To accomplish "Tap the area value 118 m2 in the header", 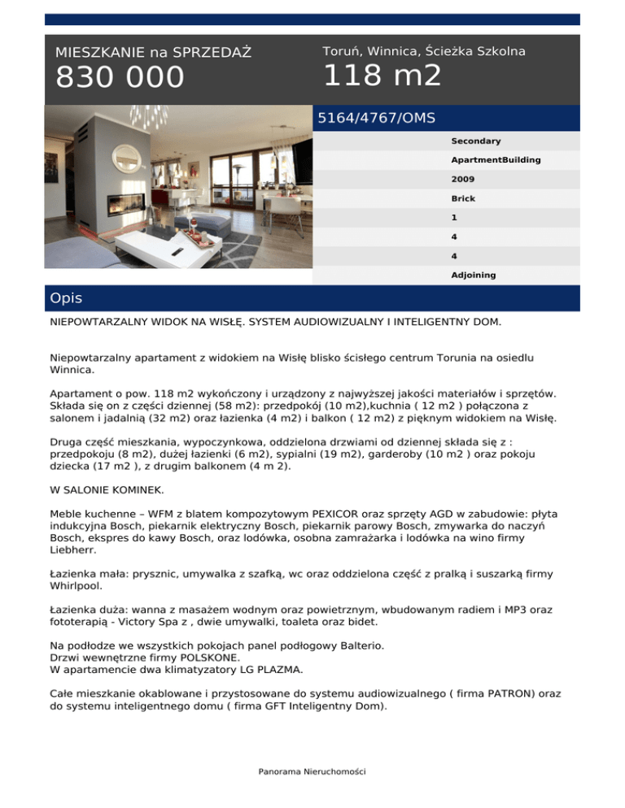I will [x=382, y=76].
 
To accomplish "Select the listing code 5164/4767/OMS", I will [x=376, y=118].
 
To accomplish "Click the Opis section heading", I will [x=66, y=298].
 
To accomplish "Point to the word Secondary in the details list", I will [x=476, y=141].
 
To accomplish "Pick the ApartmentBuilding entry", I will [x=495, y=160].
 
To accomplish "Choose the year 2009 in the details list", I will [x=463, y=179].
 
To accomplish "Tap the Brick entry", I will [x=463, y=198].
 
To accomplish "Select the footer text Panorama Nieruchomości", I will [x=312, y=771].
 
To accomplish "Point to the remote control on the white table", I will [x=177, y=252].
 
